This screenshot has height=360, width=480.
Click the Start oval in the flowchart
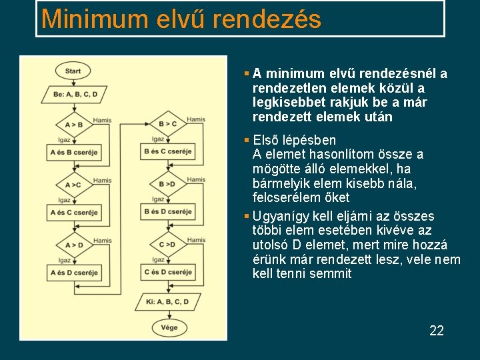(73, 71)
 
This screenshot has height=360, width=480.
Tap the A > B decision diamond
(74, 125)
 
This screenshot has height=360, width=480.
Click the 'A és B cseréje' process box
(74, 153)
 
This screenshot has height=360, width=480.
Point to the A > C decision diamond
(74, 185)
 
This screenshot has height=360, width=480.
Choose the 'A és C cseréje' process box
(74, 213)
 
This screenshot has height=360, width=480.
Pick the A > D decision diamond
(74, 245)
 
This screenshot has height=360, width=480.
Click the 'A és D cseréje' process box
(74, 273)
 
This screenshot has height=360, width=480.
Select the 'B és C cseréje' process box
(167, 151)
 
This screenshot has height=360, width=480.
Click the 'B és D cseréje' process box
(167, 212)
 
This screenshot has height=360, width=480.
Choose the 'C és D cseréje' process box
(167, 272)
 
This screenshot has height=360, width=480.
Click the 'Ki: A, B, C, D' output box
(167, 302)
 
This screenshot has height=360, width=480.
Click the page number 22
(437, 331)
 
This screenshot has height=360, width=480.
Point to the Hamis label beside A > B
(103, 120)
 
